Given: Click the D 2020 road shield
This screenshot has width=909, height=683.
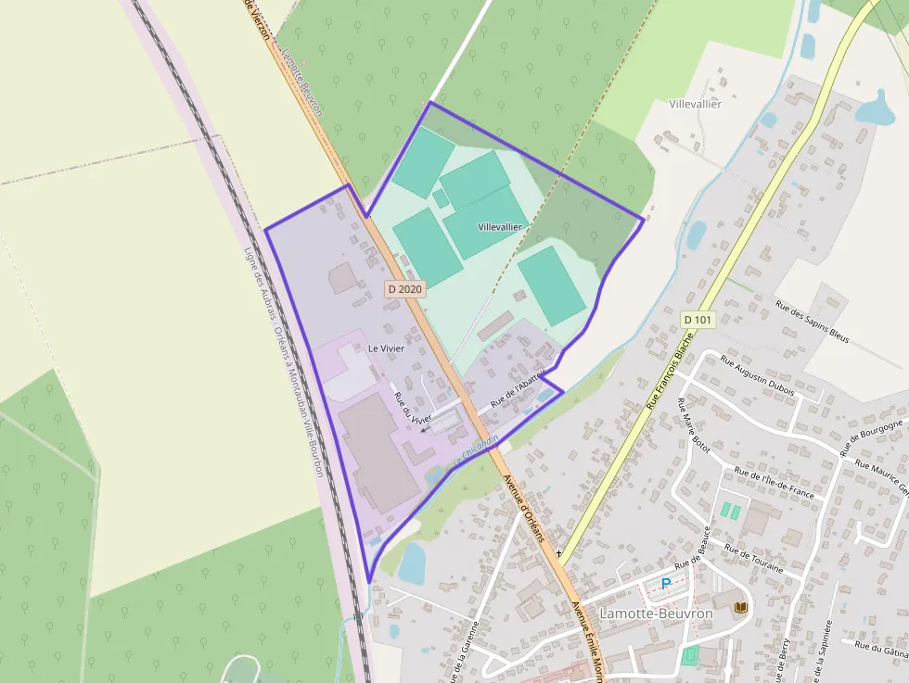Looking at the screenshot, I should (x=404, y=289).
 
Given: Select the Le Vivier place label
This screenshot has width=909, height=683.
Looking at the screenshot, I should (x=386, y=348).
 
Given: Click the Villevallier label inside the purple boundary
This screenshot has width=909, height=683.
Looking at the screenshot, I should (x=500, y=227).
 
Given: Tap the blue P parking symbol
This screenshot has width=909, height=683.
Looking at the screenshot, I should (x=665, y=584).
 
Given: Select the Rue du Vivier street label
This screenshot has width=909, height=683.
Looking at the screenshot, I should (x=414, y=408).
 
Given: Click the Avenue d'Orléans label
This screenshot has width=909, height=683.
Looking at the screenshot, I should (x=530, y=511).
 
